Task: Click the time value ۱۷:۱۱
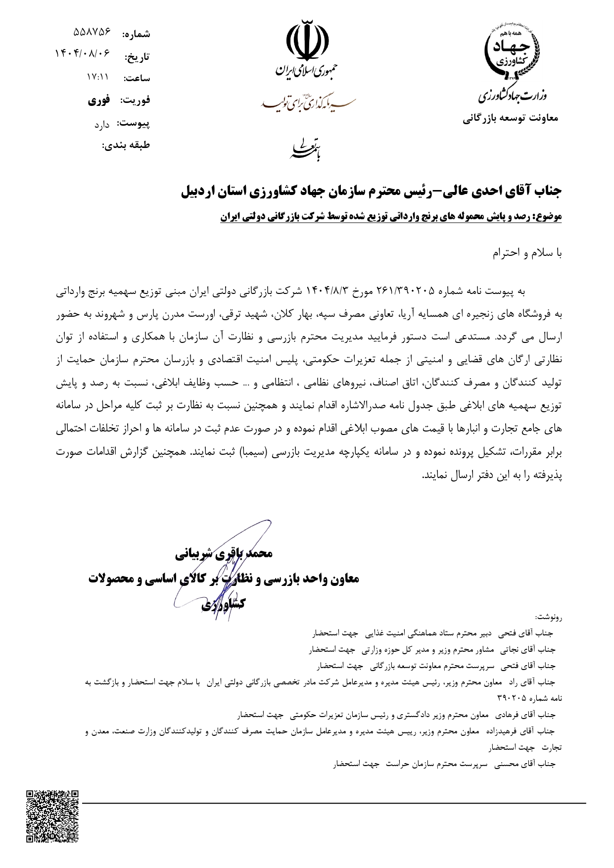pos(97,77)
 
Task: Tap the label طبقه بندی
pos(126,145)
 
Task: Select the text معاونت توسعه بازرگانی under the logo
pos(510,119)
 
